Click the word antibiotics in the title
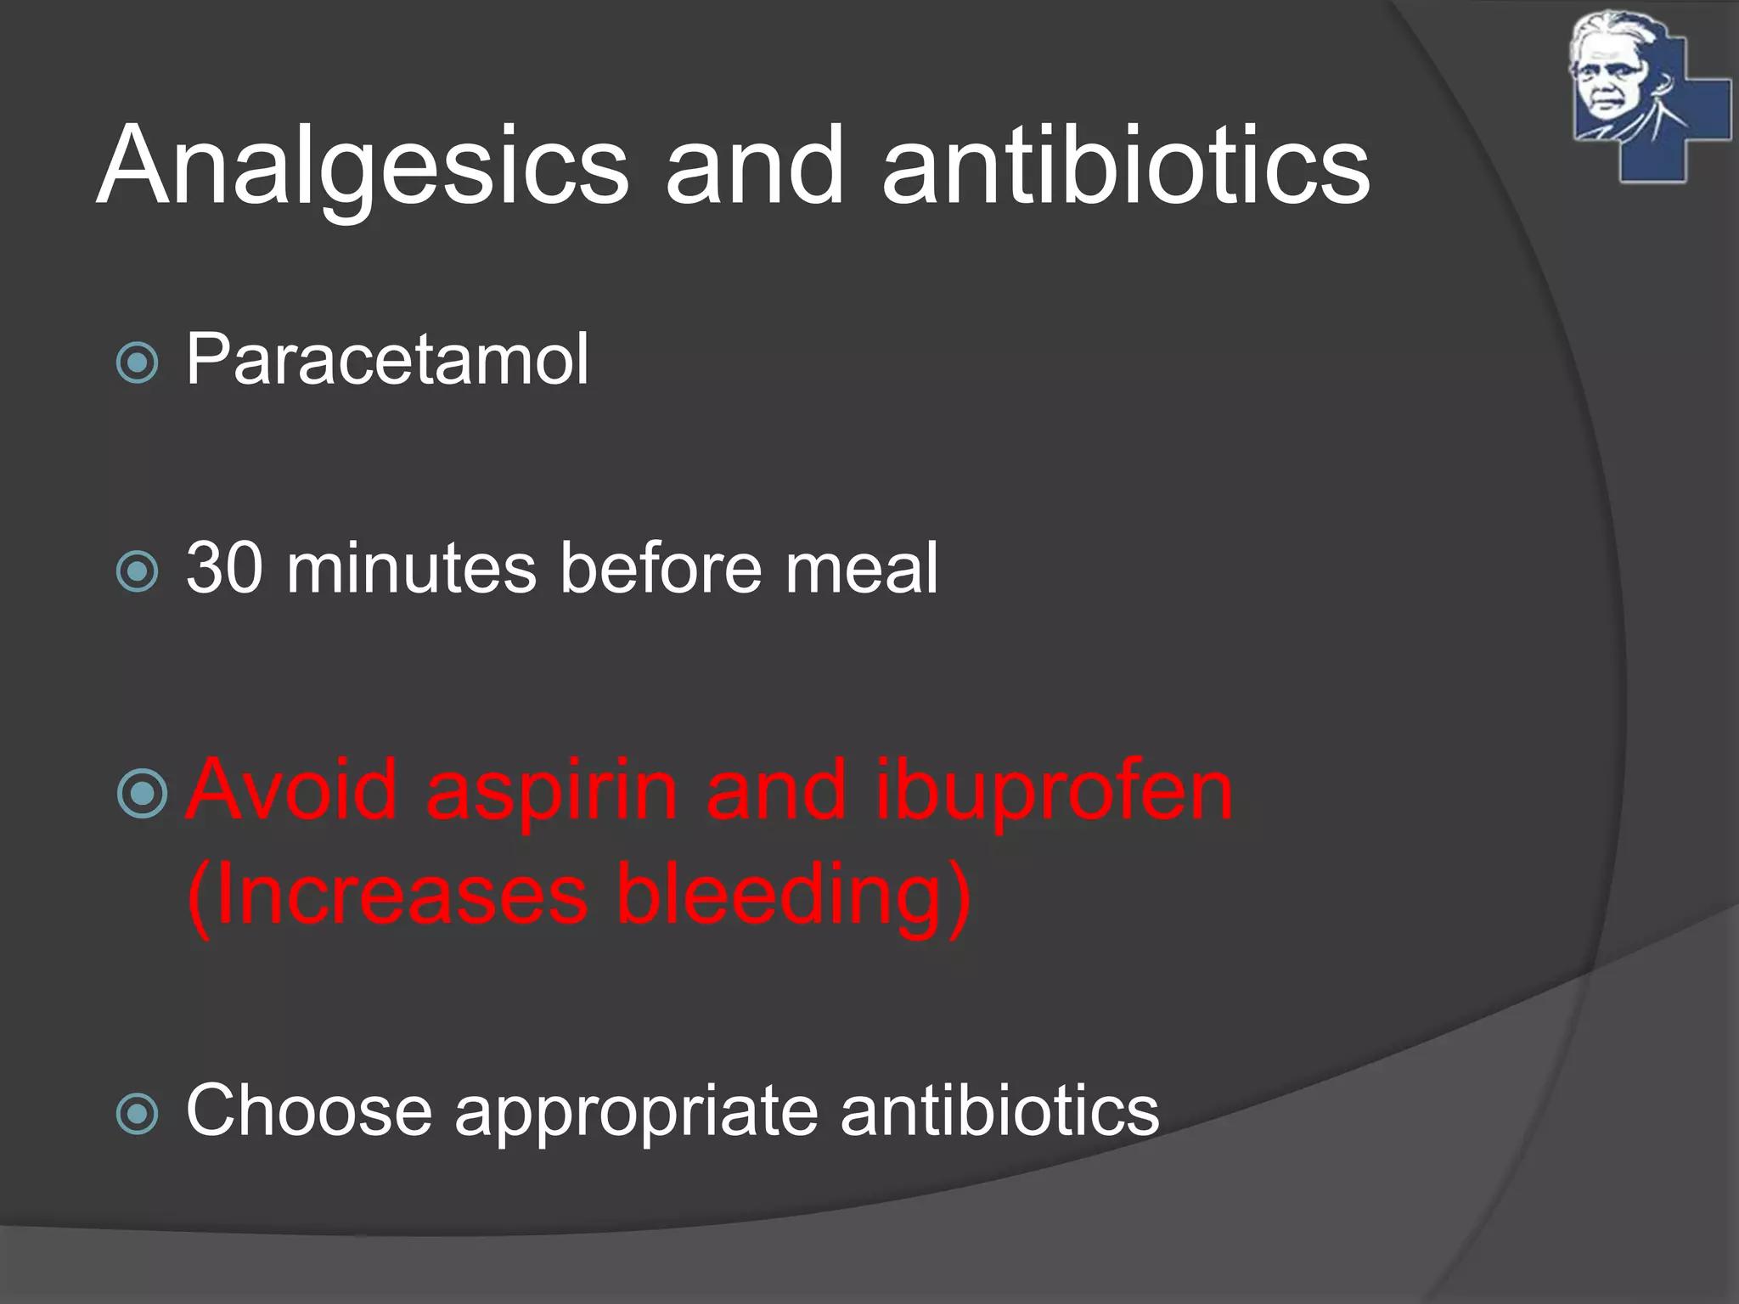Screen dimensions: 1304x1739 tap(1125, 166)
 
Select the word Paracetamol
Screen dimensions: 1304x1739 tap(387, 360)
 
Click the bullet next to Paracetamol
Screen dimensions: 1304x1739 tap(137, 363)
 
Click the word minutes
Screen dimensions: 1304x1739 tap(411, 568)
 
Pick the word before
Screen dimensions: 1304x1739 tap(661, 568)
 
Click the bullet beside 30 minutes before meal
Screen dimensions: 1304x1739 tap(137, 571)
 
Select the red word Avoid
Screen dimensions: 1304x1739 tap(292, 790)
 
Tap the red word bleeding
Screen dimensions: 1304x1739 tap(793, 896)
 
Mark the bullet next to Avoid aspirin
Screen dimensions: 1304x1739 tap(142, 794)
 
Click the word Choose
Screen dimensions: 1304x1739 tap(309, 1110)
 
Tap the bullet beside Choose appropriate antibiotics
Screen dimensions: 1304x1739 tap(137, 1114)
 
